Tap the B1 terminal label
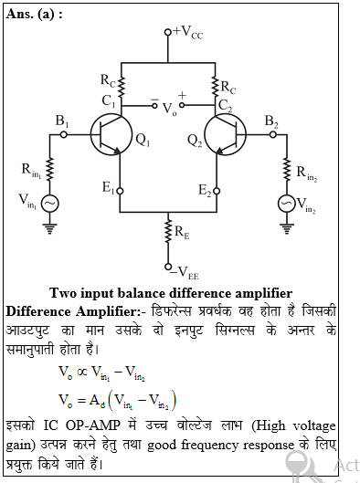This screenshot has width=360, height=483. (x=62, y=121)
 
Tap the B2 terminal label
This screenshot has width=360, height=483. (x=272, y=121)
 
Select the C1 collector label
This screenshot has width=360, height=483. (x=109, y=100)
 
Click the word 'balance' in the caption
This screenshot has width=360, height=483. (x=132, y=293)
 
